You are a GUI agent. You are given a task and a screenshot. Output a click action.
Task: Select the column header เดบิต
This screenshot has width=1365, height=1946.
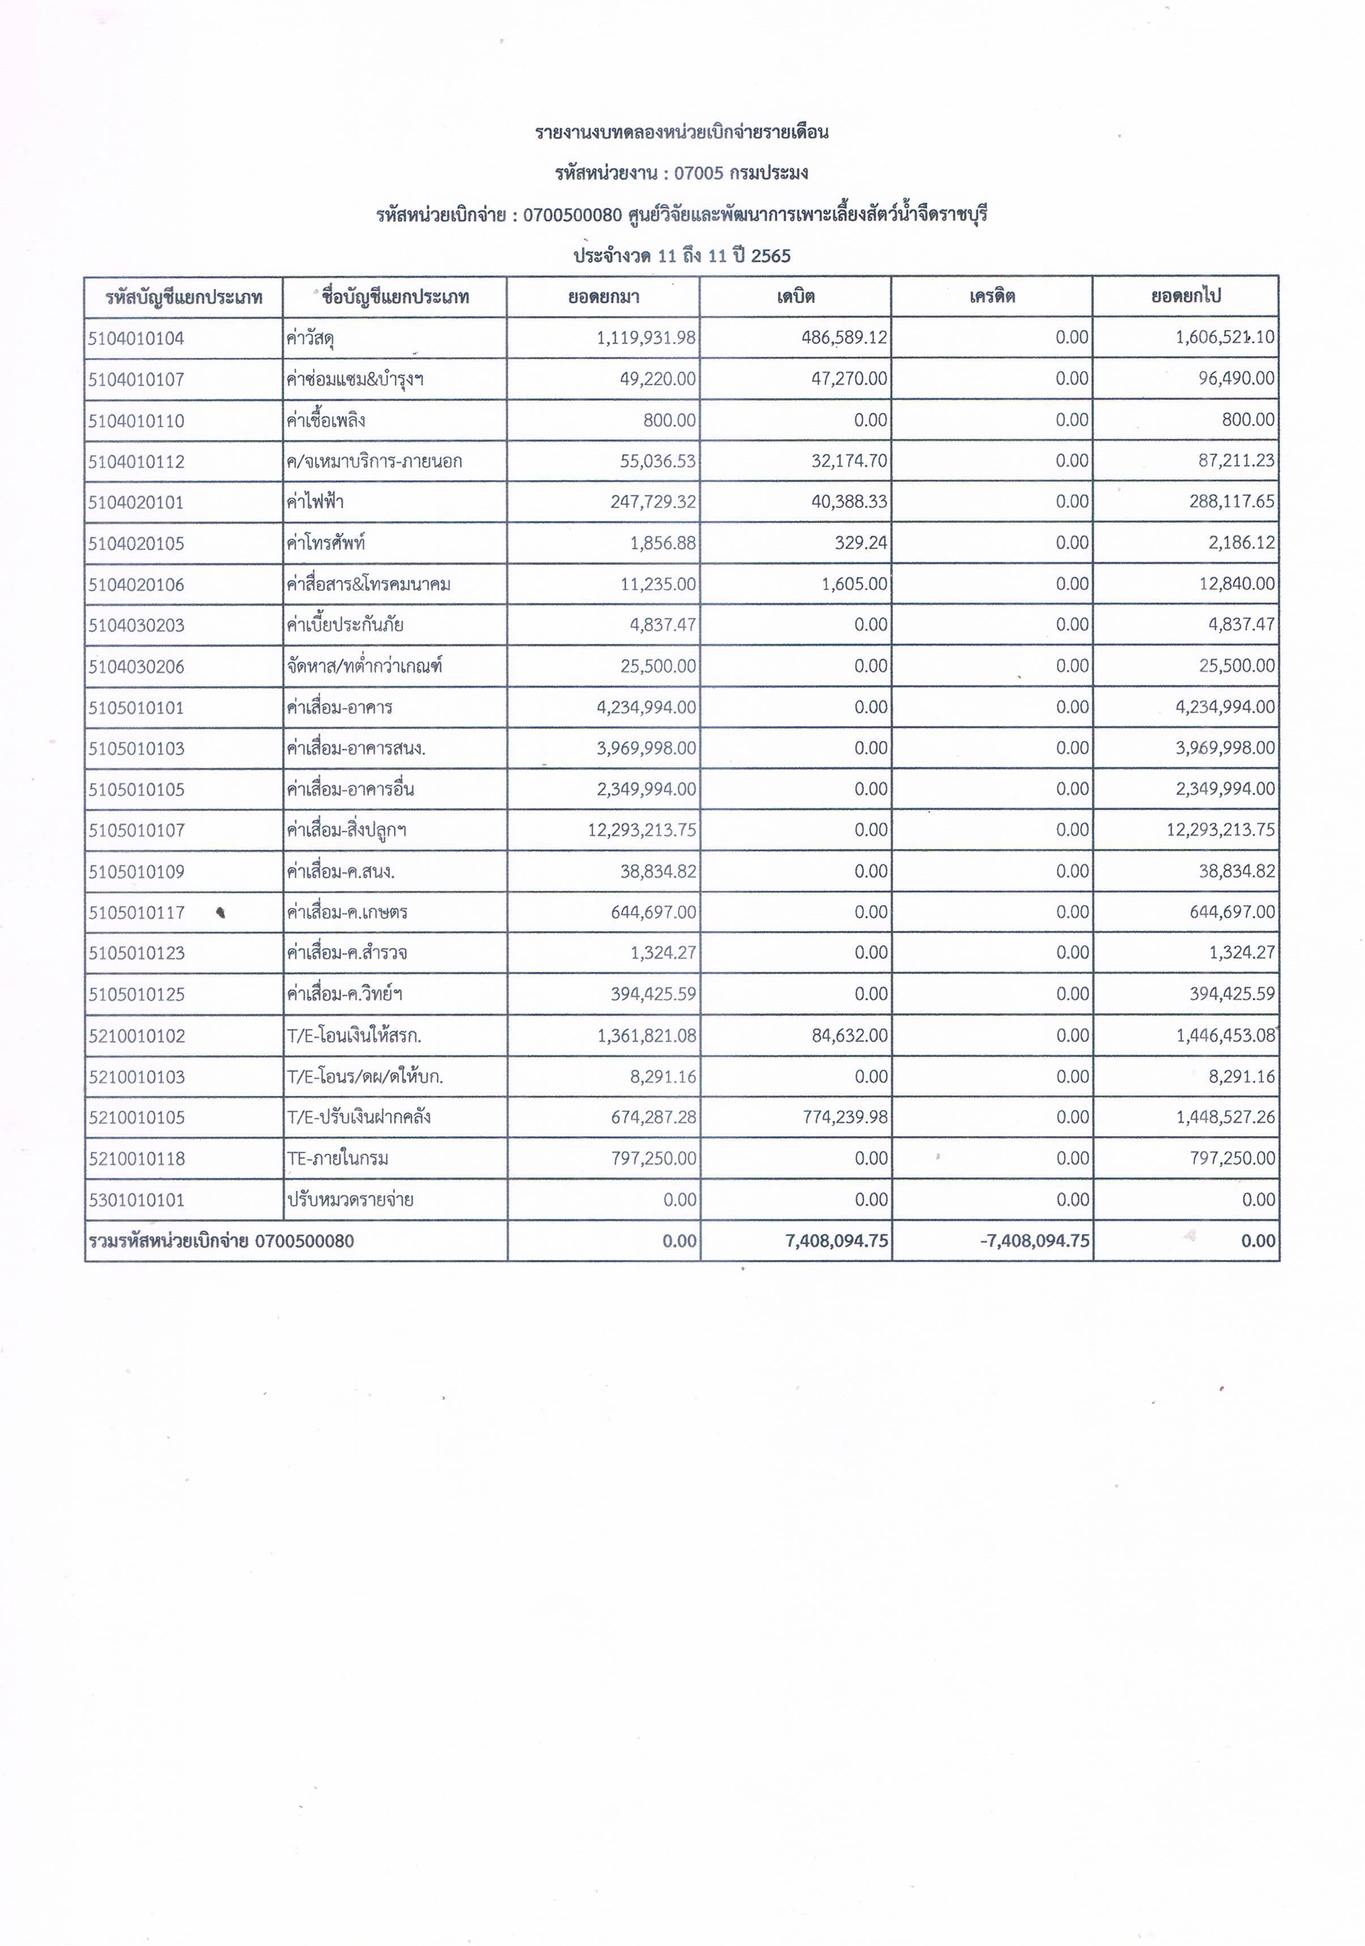796,297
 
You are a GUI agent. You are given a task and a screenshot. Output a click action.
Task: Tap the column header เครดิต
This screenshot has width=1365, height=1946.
992,297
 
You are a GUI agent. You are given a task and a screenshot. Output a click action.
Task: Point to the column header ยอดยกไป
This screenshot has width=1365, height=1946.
1185,297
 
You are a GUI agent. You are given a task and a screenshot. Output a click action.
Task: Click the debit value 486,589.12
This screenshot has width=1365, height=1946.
844,338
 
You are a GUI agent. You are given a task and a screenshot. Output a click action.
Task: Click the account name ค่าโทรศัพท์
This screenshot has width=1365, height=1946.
326,543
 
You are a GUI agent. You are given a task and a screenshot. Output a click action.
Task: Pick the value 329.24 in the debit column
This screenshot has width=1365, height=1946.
861,543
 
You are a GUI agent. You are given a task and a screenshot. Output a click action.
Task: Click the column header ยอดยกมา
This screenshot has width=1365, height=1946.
603,297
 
